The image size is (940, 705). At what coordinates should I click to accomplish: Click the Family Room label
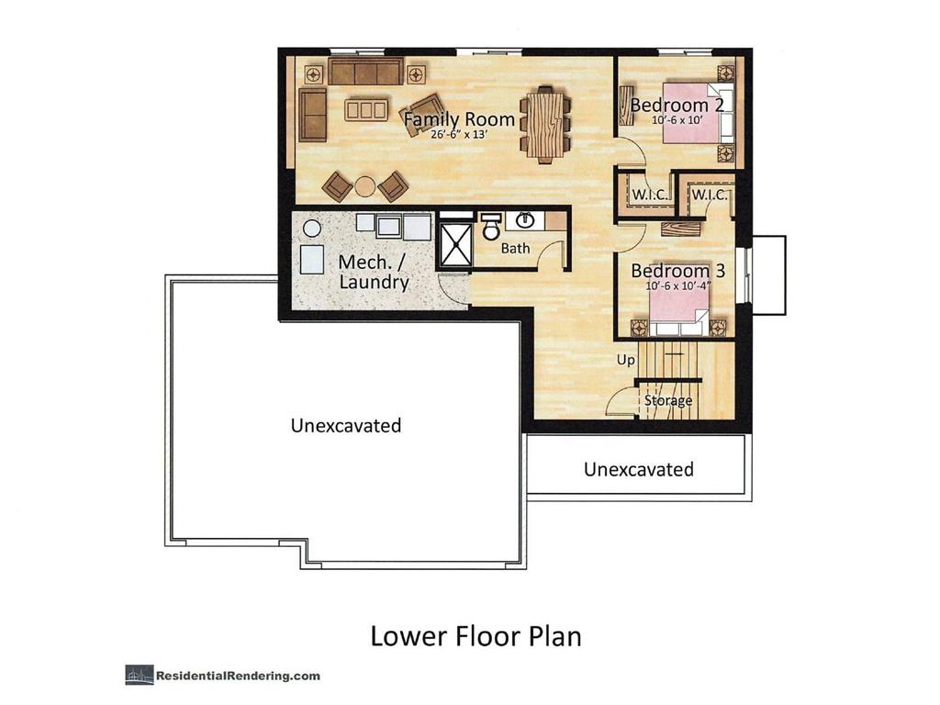click(459, 119)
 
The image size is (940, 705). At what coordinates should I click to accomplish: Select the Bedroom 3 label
click(677, 272)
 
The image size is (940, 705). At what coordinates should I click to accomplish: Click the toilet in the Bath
click(491, 225)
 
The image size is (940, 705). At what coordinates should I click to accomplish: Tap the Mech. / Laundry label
click(374, 273)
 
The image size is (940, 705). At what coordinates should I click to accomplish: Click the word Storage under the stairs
click(667, 401)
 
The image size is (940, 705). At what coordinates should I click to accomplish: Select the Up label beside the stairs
click(626, 361)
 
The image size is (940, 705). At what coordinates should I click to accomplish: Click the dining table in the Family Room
click(545, 124)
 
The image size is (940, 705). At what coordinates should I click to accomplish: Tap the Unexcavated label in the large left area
click(346, 426)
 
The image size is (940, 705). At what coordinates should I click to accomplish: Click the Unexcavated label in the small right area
click(639, 470)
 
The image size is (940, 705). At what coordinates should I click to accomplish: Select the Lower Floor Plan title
click(476, 636)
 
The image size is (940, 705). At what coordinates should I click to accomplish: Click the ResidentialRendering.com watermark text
click(237, 676)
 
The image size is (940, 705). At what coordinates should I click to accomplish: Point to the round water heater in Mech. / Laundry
click(312, 228)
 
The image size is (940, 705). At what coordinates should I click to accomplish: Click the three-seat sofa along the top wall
click(366, 72)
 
